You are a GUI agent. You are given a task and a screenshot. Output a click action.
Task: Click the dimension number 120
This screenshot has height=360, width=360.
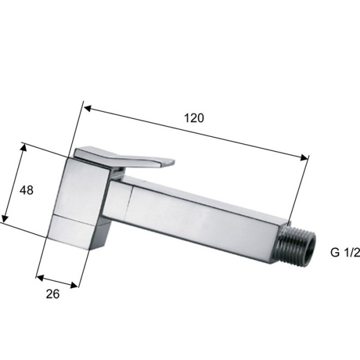click(194, 118)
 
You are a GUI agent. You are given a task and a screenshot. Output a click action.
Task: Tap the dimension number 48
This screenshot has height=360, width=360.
click(26, 190)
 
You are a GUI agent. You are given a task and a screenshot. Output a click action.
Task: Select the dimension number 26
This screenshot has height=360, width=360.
click(53, 294)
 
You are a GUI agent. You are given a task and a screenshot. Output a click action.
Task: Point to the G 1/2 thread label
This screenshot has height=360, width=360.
click(345, 253)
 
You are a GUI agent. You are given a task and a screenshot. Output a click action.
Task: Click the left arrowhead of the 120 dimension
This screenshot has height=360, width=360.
click(88, 109)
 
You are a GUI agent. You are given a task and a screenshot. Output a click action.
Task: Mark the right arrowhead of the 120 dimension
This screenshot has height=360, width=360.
click(304, 157)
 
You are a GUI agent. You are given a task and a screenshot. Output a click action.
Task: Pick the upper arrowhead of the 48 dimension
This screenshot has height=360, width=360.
click(23, 148)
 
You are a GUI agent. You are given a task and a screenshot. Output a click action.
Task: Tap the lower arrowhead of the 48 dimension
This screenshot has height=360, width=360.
click(5, 218)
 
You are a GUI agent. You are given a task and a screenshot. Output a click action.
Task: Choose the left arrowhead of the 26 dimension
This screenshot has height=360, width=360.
click(40, 278)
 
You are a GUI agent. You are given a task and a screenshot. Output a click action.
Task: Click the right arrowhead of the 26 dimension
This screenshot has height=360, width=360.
click(74, 285)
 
